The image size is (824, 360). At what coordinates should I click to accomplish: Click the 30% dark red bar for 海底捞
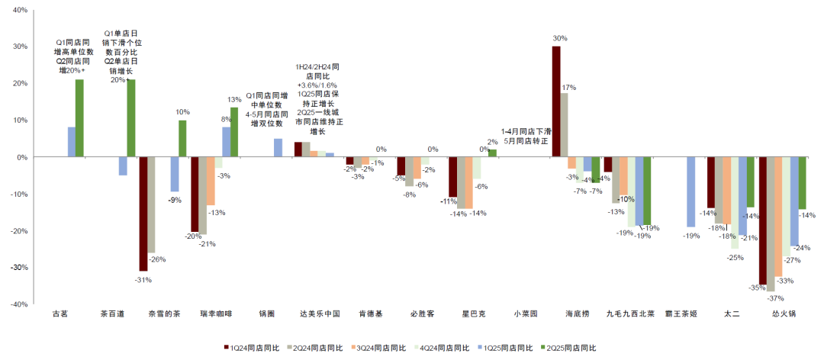[x=556, y=101]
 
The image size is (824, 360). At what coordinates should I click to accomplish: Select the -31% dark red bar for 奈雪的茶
[x=143, y=214]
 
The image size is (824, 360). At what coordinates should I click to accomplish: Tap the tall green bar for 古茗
[x=79, y=117]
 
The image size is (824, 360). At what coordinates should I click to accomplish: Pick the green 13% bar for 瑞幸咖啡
[x=234, y=132]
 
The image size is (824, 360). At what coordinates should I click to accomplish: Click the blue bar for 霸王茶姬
[x=690, y=191]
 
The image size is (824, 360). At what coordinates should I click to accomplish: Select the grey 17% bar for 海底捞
[x=565, y=125]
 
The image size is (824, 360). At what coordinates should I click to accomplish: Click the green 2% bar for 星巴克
[x=492, y=153]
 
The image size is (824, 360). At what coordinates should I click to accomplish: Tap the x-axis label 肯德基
[x=371, y=313]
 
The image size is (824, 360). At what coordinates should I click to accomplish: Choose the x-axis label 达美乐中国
[x=319, y=313]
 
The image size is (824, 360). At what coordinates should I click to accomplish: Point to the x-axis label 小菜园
[x=525, y=313]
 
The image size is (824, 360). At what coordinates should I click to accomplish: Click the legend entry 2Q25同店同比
[x=568, y=348]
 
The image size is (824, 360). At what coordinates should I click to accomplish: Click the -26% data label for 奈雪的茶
[x=156, y=259]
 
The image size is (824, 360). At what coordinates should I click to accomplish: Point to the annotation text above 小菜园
[x=525, y=136]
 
